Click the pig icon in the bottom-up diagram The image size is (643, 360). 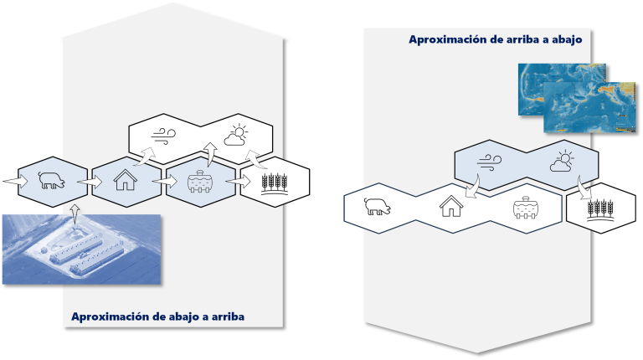(50, 180)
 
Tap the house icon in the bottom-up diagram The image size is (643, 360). (125, 180)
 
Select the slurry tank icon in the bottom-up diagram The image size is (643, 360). (199, 181)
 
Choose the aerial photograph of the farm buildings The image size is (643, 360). (80, 249)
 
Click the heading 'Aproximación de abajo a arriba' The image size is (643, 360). (157, 316)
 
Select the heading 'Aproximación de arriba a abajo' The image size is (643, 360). (496, 39)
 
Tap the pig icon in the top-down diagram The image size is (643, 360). (377, 206)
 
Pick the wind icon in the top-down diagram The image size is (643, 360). (489, 161)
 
